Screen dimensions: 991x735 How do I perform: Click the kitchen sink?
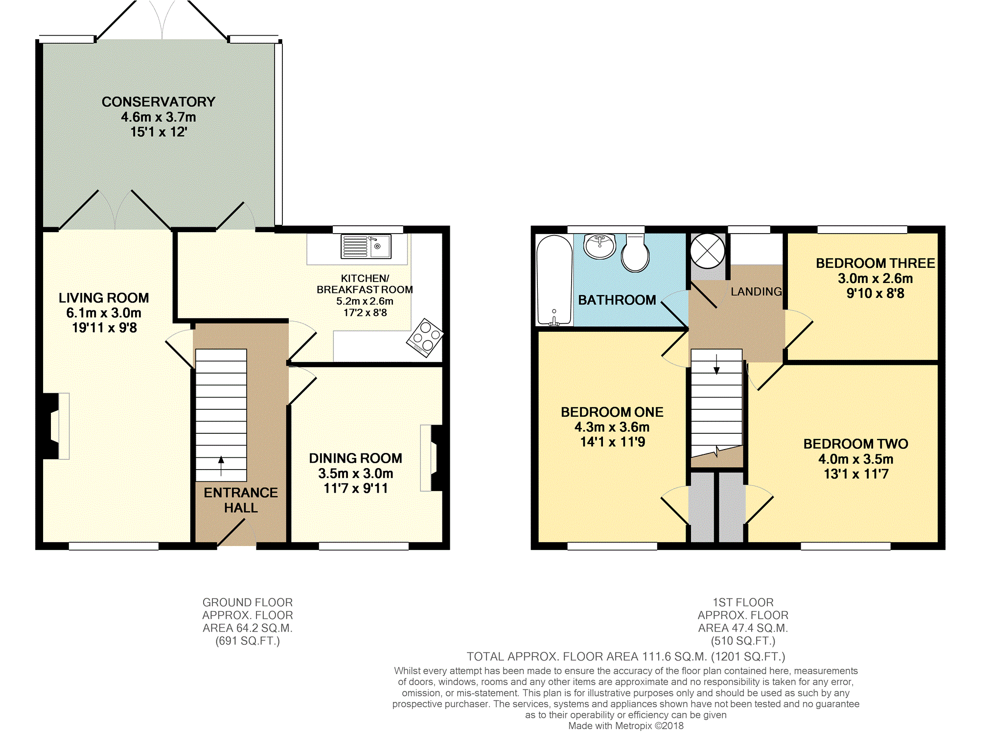tap(366, 246)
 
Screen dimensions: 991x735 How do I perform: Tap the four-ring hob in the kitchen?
tap(425, 337)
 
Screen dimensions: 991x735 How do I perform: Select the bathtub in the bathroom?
tap(554, 280)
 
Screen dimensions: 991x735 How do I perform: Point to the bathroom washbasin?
tap(599, 246)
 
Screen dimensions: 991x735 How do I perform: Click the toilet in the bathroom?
tap(635, 253)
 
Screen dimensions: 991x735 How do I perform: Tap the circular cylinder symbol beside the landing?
tap(707, 251)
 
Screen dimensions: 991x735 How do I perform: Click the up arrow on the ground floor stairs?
tap(221, 466)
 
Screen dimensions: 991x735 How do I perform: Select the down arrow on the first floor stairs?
tap(716, 364)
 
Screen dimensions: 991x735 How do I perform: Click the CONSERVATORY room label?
tap(159, 102)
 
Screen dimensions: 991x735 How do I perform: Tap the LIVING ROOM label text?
tap(104, 298)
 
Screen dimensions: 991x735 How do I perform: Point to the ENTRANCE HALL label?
tap(241, 500)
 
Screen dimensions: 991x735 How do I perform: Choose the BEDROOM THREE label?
tap(876, 263)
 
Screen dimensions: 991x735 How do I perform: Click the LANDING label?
tap(757, 292)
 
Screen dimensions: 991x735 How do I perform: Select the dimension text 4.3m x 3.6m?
tap(612, 427)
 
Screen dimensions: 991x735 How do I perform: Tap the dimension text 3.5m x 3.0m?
tap(356, 474)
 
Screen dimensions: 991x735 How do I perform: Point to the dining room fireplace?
tap(431, 458)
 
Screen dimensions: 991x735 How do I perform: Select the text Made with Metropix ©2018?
tap(626, 726)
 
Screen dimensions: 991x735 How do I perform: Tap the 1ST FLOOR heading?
tap(743, 602)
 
